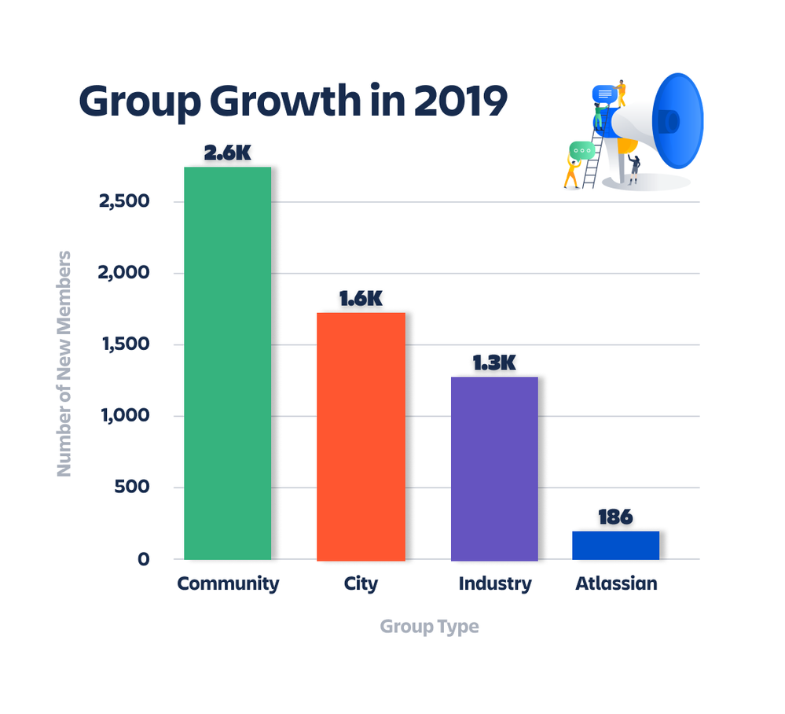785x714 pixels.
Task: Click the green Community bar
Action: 228,363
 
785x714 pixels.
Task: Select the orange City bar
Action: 361,436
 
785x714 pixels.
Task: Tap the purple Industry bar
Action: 494,469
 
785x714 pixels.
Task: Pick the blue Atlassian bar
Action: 616,545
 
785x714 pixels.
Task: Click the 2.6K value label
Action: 228,153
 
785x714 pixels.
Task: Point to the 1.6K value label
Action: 361,299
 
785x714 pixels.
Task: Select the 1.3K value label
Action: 494,363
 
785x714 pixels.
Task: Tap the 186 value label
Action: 616,517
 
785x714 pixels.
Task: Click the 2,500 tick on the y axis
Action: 124,201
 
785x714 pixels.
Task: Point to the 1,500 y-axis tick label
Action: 126,344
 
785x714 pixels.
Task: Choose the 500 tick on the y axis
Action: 132,487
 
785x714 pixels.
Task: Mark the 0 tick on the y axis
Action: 144,559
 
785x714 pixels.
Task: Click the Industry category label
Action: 495,583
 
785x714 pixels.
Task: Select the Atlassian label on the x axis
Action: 616,583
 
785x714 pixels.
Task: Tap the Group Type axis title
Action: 430,627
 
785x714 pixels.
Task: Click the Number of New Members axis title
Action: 64,364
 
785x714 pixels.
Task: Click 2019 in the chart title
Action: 460,101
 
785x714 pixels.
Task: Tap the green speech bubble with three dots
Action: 581,151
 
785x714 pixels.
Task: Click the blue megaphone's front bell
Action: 678,121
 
